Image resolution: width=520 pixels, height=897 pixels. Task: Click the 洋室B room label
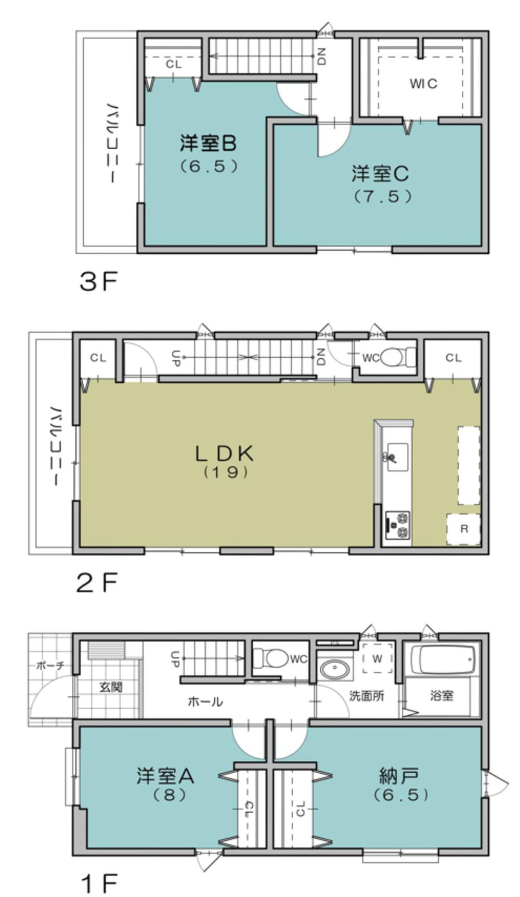[x=207, y=143]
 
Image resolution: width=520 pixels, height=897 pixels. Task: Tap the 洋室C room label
[x=380, y=174]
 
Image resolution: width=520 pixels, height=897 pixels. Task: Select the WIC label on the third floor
[x=423, y=83]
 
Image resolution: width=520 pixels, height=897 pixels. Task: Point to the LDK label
[x=224, y=453]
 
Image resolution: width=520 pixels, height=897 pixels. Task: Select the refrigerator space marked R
[x=463, y=529]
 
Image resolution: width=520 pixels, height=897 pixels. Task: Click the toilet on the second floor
[x=398, y=357]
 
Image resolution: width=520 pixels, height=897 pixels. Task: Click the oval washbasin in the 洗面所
[x=334, y=669]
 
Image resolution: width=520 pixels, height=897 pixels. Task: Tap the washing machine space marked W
[x=377, y=659]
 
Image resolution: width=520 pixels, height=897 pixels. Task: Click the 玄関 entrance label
[x=111, y=687]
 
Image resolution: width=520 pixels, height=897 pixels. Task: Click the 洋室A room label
[x=165, y=776]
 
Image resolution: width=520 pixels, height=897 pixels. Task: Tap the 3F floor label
[x=98, y=282]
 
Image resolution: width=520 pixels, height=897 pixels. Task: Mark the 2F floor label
[x=97, y=582]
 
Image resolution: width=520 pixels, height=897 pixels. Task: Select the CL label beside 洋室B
[x=174, y=64]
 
